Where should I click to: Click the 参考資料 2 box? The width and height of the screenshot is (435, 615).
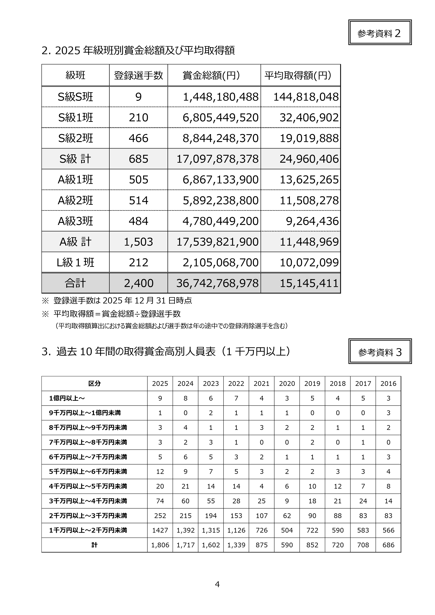coord(380,32)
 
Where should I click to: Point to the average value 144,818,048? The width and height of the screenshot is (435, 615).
coord(306,97)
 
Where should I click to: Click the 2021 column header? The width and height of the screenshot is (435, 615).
coord(261,384)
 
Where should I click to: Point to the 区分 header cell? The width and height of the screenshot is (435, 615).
coord(94,384)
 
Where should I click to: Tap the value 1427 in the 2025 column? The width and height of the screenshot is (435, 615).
coord(160,530)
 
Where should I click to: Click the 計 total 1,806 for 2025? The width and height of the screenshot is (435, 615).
coord(160,545)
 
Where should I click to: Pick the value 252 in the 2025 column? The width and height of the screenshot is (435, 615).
coord(160,516)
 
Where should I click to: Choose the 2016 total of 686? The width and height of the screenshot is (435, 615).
coord(388,545)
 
